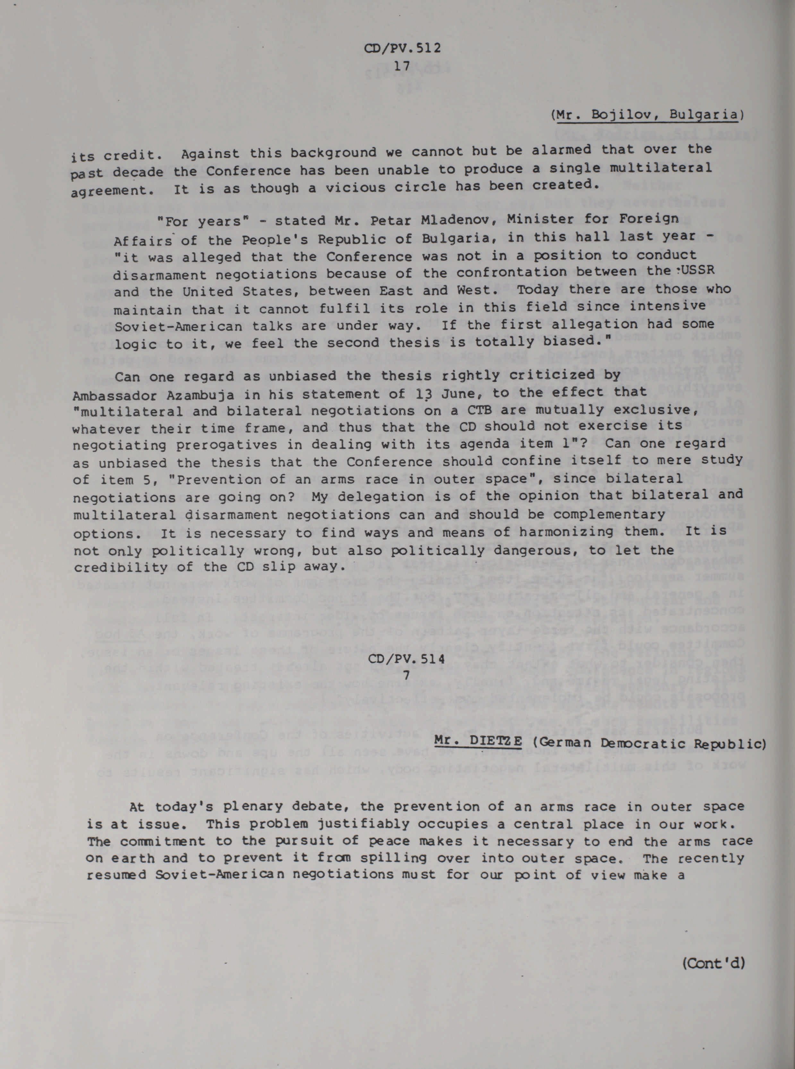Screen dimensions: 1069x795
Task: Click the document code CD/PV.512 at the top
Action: tap(403, 48)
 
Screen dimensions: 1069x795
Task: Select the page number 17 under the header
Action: tap(401, 66)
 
